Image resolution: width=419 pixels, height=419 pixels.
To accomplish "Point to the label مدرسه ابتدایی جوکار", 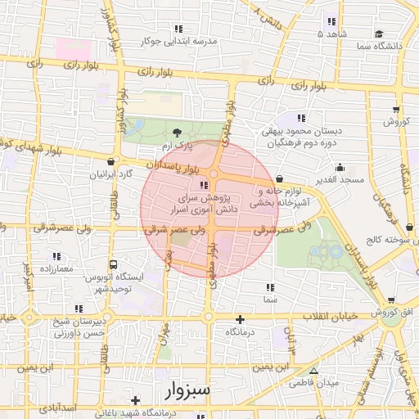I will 179,40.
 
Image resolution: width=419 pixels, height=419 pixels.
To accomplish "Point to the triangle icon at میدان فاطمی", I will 312,371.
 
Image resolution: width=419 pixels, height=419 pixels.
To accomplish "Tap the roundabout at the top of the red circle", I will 214,173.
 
